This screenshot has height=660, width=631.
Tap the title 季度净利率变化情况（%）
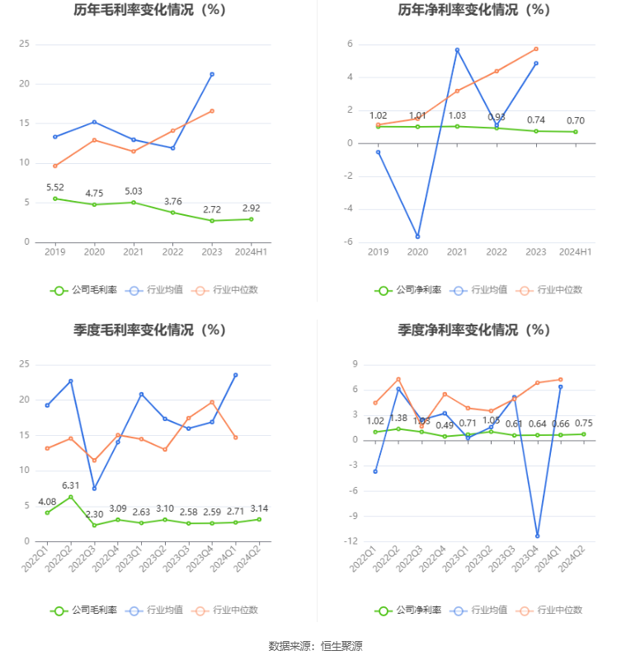coord(473,330)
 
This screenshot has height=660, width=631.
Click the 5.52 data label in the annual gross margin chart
coord(55,188)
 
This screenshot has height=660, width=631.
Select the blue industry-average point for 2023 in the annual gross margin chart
coord(212,74)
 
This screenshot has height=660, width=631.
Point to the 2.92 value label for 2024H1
coord(251,208)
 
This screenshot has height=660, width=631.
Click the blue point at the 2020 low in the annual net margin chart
coord(417,236)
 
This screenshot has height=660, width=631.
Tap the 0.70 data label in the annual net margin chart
coord(575,120)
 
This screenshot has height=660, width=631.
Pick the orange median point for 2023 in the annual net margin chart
coord(536,49)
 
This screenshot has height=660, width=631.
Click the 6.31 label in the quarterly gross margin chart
coord(71,485)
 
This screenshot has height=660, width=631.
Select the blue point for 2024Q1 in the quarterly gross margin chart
coord(236,375)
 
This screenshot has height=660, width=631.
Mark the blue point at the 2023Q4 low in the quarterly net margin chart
coord(537,536)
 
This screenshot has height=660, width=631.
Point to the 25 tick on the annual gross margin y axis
coord(25,44)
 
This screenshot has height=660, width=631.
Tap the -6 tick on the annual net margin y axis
coord(350,242)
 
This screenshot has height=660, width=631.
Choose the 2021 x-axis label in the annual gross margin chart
coord(134,251)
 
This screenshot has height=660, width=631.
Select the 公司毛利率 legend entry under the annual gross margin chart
coord(83,290)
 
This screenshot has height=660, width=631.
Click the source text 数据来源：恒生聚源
coord(316,645)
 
